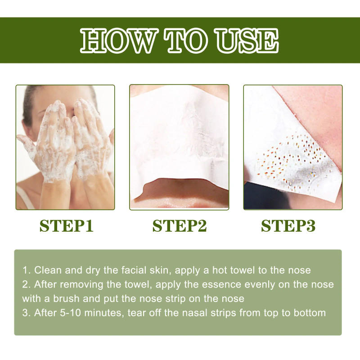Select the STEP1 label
click(x=66, y=225)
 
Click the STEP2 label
click(x=180, y=225)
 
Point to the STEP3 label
click(x=288, y=225)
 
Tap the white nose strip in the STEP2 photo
click(x=179, y=135)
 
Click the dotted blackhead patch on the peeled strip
click(x=292, y=164)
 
